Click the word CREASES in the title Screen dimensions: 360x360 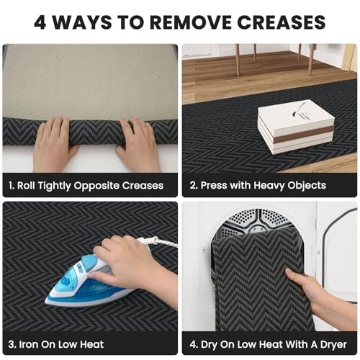point(282,22)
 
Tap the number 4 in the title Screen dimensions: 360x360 point(40,22)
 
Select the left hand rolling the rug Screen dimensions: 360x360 point(54,144)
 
